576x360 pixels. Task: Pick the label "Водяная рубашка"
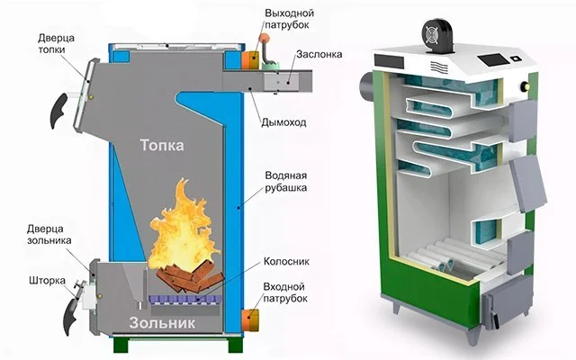(287, 182)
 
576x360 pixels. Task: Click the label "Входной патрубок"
(288, 292)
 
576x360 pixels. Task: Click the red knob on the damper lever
(265, 41)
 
